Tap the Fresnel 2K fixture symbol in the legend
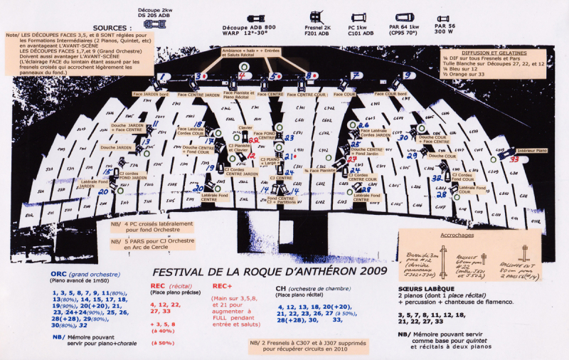(x=316, y=15)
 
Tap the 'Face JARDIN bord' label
(x=150, y=94)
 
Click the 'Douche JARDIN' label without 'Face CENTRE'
(x=119, y=147)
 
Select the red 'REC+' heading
(x=221, y=287)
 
